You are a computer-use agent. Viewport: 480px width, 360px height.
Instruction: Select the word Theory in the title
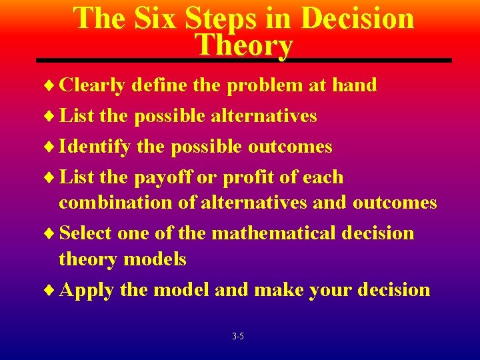pos(244,45)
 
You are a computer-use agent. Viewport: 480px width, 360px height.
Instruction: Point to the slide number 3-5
pos(238,337)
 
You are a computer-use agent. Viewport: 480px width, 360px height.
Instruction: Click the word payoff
pos(172,178)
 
